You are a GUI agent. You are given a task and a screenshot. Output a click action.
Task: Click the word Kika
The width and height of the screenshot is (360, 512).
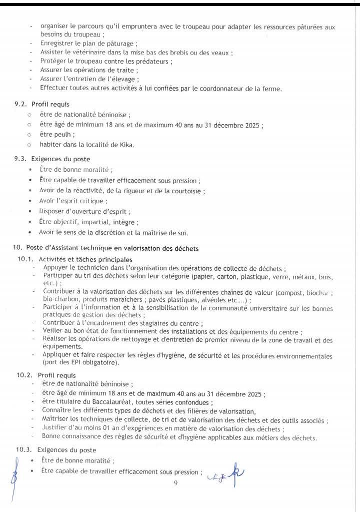pyautogui.click(x=127, y=145)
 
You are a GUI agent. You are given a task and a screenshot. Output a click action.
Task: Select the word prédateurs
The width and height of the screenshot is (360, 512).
pyautogui.click(x=155, y=62)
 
